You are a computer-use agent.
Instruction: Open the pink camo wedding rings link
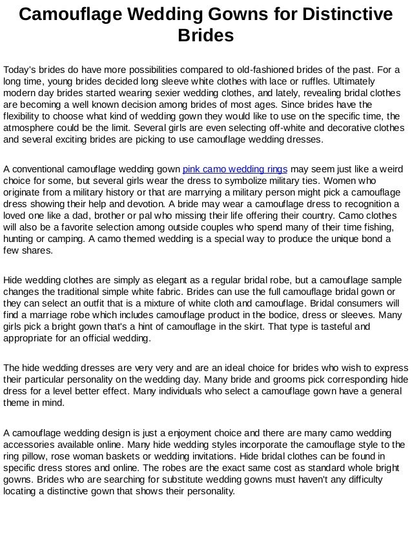click(235, 170)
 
